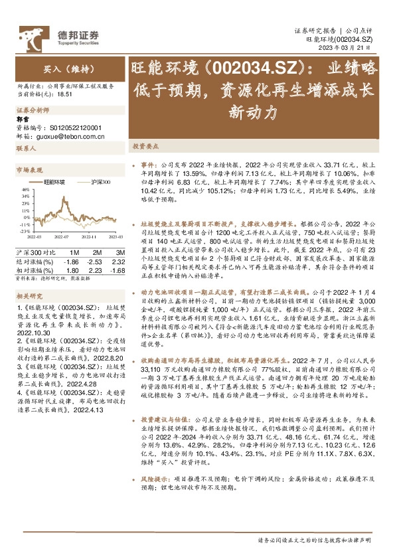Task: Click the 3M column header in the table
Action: pyautogui.click(x=119, y=254)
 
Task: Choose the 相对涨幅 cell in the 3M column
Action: pyautogui.click(x=118, y=271)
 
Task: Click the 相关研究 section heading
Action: pyautogui.click(x=29, y=296)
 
